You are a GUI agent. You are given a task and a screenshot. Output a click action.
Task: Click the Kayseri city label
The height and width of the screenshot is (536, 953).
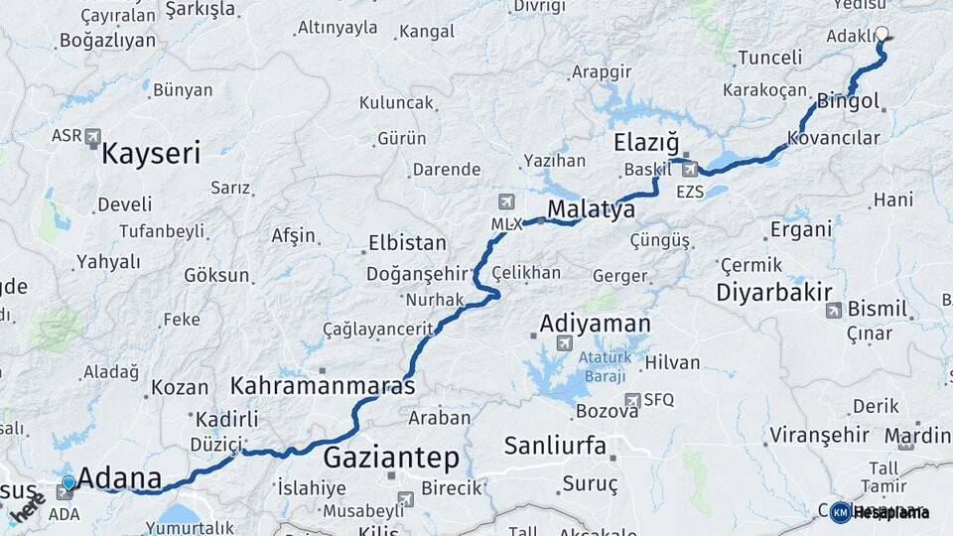(151, 153)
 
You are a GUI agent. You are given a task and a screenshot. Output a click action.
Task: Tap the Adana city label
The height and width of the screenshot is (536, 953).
(119, 479)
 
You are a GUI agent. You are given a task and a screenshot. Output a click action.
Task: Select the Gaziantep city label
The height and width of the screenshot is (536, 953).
(391, 458)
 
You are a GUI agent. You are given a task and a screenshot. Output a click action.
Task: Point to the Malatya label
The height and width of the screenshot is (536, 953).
(592, 210)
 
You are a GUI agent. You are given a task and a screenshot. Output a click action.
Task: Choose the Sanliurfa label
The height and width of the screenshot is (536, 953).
(554, 445)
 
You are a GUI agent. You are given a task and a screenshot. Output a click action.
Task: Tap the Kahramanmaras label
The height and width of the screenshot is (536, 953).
(323, 385)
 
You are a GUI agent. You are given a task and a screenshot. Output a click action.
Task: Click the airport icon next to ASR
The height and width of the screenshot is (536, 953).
(93, 135)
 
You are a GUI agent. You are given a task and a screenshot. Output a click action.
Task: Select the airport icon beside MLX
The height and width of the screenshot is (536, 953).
(508, 202)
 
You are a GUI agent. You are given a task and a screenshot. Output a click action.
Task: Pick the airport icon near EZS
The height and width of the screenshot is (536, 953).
(690, 169)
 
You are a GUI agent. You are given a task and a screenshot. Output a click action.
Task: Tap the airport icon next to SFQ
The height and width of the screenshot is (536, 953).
(632, 400)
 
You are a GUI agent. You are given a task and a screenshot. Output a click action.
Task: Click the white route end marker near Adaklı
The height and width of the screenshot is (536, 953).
(882, 35)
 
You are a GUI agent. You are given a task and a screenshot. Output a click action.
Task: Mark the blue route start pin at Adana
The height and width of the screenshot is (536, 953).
(68, 484)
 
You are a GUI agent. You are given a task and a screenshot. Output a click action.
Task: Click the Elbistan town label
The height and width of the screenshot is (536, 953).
(407, 242)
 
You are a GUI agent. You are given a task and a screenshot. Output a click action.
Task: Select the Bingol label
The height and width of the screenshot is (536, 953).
(849, 101)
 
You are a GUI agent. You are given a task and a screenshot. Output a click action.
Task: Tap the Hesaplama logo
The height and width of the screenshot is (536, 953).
(880, 512)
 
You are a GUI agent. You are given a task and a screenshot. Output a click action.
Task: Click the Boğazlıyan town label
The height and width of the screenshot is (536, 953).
(107, 41)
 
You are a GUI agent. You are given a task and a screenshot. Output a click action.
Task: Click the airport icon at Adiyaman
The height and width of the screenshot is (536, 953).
(565, 343)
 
